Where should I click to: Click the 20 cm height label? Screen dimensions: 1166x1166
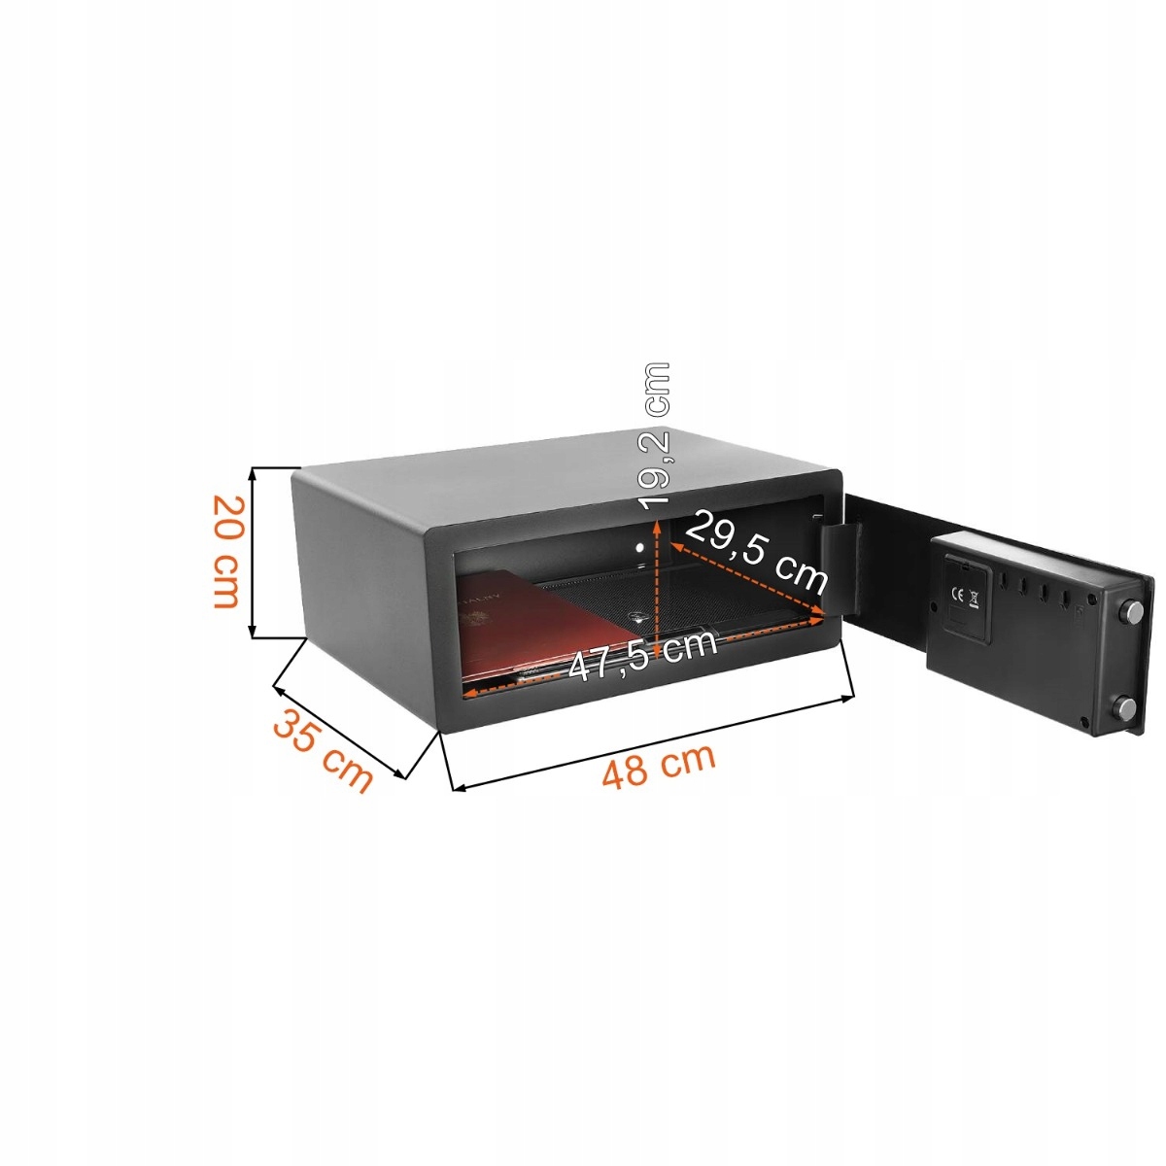click(225, 551)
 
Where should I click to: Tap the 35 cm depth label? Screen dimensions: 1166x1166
click(322, 751)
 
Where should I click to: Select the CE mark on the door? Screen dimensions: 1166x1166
click(956, 595)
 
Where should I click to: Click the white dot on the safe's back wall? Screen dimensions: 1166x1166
click(641, 550)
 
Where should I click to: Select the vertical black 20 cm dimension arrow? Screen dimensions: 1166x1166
click(255, 552)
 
